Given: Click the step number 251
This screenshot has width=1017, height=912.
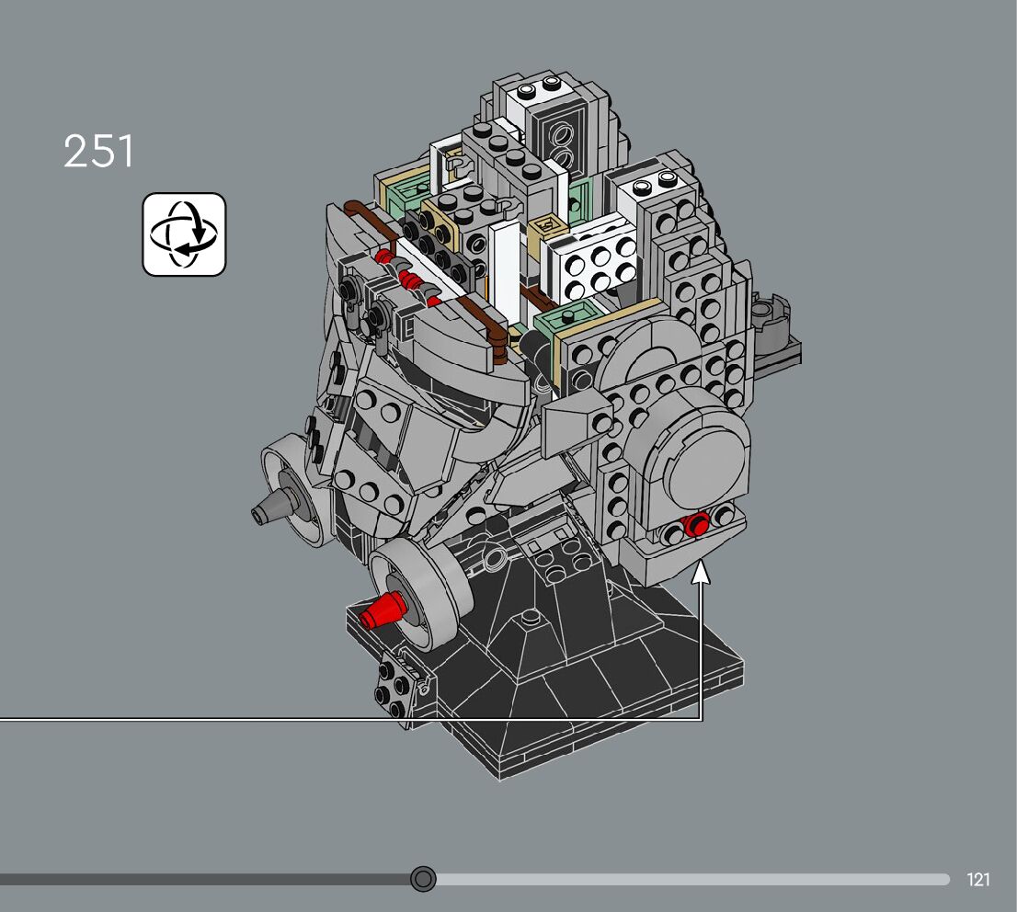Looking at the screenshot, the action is (x=98, y=151).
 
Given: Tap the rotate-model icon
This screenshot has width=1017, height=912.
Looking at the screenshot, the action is (x=184, y=234).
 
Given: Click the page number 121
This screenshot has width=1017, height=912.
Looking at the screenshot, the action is (x=978, y=880).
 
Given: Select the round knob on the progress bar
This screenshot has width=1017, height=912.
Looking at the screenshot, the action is (x=424, y=879).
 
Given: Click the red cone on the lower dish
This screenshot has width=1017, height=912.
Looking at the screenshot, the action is (x=383, y=610).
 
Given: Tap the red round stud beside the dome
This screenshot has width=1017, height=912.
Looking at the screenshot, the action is (x=698, y=523).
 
